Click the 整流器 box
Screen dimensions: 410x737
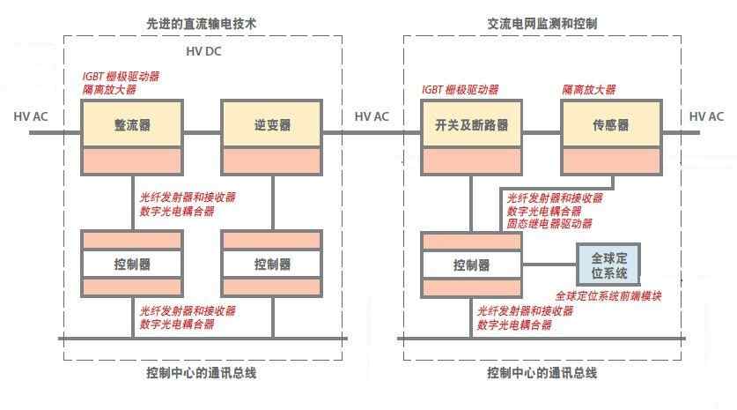coord(132,125)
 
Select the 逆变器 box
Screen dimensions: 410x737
coord(271,125)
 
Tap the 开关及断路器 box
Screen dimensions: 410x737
coord(471,125)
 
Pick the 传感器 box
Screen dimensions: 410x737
coord(610,125)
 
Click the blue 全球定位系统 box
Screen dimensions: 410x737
coord(608,264)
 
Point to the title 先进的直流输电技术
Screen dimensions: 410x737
coord(202,24)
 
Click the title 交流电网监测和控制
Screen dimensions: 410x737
coord(542,24)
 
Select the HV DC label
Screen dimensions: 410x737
coord(203,52)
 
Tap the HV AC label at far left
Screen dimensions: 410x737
coord(31,116)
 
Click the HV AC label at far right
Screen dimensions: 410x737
coord(707,116)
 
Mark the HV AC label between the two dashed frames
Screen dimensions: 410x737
coord(372,116)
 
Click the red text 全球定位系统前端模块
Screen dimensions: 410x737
coord(608,295)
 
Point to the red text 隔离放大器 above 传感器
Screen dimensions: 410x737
coord(588,90)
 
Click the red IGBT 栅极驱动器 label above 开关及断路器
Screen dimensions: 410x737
coord(460,90)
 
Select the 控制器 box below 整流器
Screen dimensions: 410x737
coord(132,264)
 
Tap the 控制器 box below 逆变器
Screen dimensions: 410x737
coord(271,264)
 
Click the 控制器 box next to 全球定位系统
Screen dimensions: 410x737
coord(471,264)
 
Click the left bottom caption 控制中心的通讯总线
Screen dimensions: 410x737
coord(202,373)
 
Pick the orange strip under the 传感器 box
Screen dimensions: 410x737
coord(610,160)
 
